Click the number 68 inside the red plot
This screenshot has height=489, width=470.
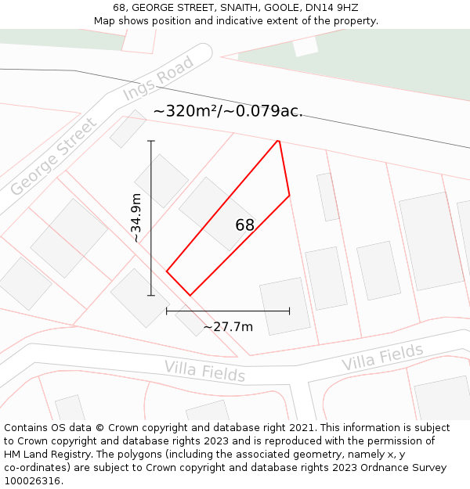click(x=244, y=225)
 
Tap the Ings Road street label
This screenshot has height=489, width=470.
click(x=158, y=78)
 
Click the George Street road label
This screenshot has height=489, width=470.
click(x=54, y=156)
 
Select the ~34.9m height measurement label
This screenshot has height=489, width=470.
click(x=136, y=218)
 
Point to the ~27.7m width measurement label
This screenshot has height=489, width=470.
click(x=228, y=326)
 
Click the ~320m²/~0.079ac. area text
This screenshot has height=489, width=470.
click(x=228, y=111)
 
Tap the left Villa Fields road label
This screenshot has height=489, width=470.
click(x=204, y=370)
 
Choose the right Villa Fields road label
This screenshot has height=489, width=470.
click(x=382, y=358)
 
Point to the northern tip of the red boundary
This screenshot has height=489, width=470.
click(x=278, y=141)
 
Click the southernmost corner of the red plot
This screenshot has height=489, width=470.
click(x=190, y=295)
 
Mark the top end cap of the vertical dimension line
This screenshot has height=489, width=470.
click(x=151, y=141)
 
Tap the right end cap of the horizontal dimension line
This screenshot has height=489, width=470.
click(x=289, y=311)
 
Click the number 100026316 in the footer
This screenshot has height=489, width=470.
click(x=33, y=480)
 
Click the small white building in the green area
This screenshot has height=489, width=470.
click(x=305, y=46)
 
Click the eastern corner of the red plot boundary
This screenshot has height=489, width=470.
click(x=289, y=196)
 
